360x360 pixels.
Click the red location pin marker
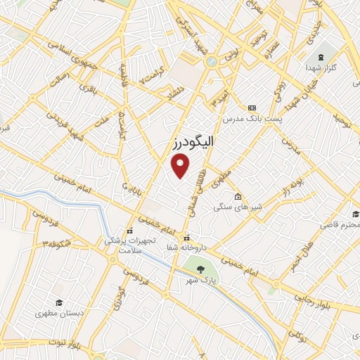click(181, 166)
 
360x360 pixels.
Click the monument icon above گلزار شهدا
click(322, 56)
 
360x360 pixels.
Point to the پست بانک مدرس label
click(252, 119)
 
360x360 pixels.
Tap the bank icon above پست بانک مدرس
click(252, 107)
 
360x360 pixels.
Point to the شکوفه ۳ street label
click(56, 244)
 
